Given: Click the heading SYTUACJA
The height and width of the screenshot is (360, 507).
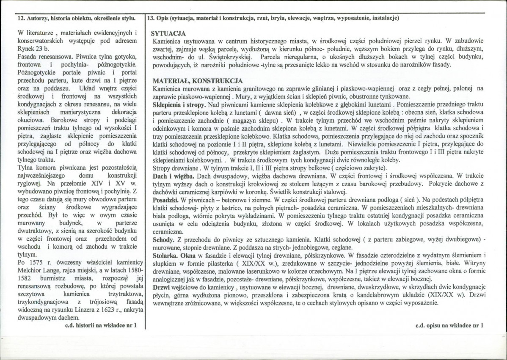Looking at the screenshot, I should pyautogui.click(x=168, y=33).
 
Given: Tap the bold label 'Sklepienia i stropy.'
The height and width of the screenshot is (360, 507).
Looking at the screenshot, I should pyautogui.click(x=178, y=104).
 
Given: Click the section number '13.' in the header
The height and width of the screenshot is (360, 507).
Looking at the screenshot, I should pyautogui.click(x=150, y=19).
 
